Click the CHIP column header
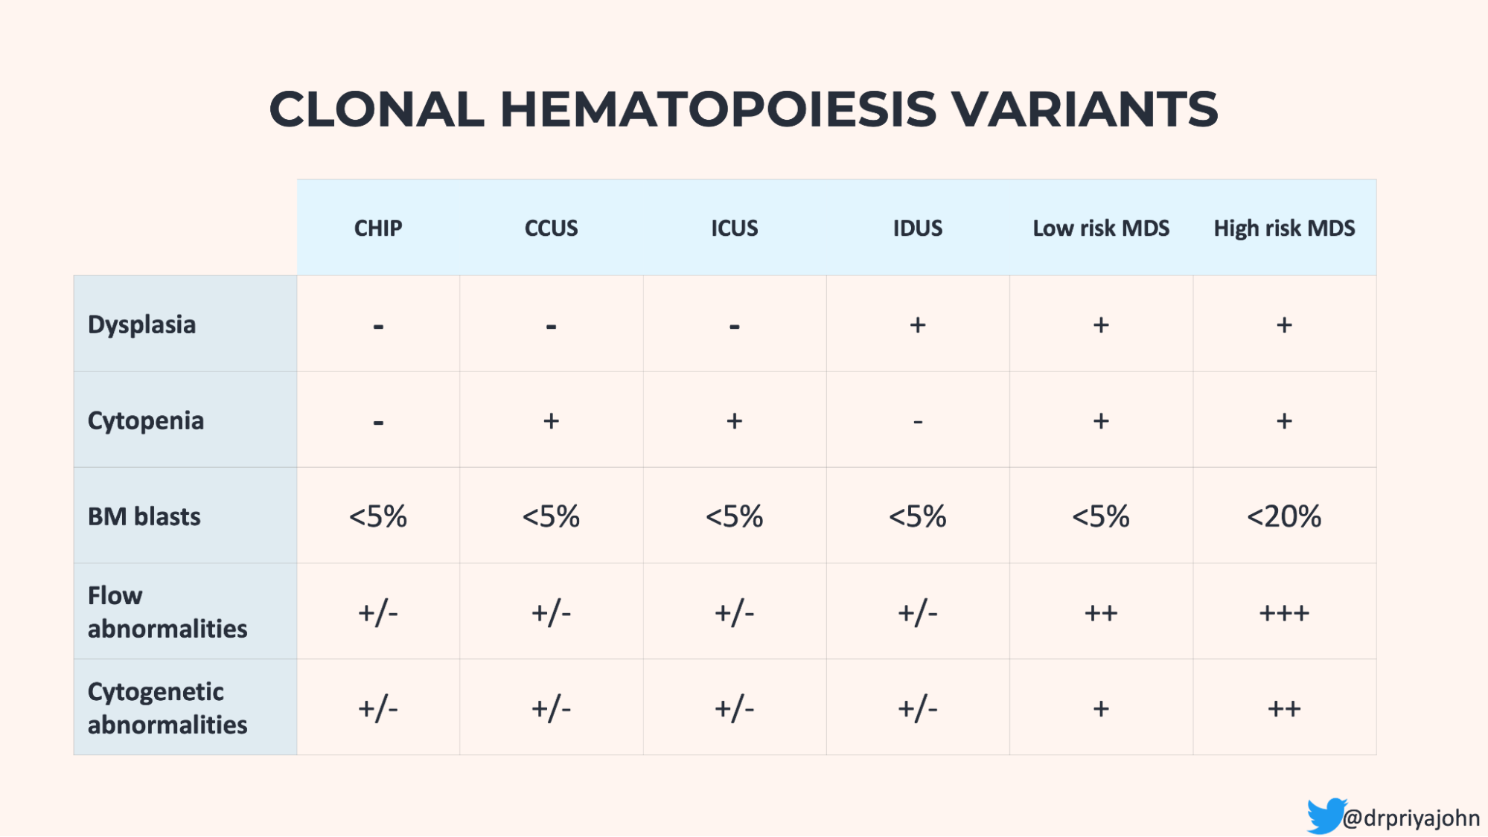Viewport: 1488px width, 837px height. point(378,228)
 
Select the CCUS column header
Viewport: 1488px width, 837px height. point(551,228)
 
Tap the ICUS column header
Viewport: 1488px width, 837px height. point(734,228)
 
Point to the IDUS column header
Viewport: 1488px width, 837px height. point(917,228)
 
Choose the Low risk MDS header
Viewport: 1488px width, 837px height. point(1100,228)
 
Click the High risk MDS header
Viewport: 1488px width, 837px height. point(1284,228)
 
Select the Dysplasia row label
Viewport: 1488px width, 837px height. point(141,324)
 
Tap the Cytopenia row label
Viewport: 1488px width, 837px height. point(146,420)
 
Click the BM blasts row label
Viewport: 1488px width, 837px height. point(144,516)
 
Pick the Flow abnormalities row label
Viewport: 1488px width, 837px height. point(167,612)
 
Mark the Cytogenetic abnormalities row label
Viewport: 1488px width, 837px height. point(167,708)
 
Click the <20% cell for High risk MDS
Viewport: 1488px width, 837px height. point(1284,516)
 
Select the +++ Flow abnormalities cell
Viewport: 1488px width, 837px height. point(1284,613)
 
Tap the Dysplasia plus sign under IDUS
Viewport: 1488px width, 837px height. point(917,324)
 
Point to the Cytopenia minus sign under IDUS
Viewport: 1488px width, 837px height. point(917,421)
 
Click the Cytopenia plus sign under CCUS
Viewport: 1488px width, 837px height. point(551,420)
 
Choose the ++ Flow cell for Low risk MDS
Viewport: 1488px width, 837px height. point(1100,613)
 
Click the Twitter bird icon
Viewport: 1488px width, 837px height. point(1325,815)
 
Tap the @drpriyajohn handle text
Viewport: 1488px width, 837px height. point(1411,818)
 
